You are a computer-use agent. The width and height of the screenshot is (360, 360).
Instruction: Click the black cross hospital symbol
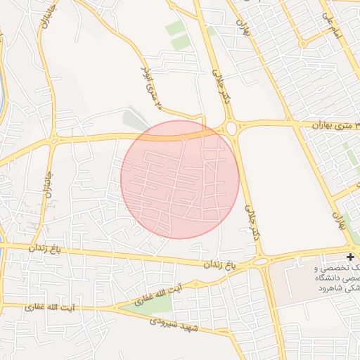[351, 257]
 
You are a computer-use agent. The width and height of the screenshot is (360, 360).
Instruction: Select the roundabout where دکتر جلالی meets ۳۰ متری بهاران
[231, 128]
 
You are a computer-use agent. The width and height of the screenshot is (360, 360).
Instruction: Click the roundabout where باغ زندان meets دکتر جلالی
[262, 262]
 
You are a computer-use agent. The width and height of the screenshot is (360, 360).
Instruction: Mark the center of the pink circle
[180, 179]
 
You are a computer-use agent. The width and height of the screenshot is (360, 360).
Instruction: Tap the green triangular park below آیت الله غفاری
[151, 303]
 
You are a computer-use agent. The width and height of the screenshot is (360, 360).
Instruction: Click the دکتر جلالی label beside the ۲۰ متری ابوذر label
[221, 85]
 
